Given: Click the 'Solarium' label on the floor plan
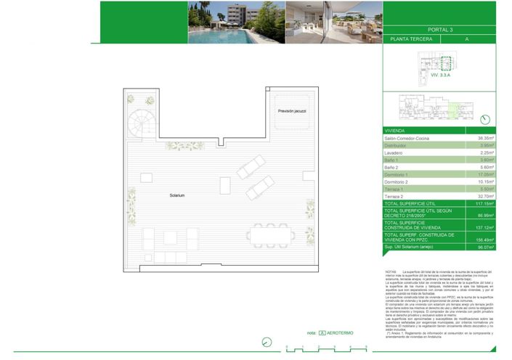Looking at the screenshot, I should (177, 195).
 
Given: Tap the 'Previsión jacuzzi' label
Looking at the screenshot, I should (292, 110).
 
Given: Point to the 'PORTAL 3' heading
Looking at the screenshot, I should (440, 30).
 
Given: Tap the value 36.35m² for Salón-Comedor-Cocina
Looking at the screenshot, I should (485, 138).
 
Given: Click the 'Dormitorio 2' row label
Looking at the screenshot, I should (398, 181).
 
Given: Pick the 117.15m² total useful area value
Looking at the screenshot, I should (484, 204).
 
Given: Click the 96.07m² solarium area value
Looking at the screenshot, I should (484, 247).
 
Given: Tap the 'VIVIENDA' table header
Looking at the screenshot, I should (397, 131).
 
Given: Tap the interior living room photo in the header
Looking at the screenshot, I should (332, 22).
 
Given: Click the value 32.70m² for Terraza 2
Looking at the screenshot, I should (485, 196).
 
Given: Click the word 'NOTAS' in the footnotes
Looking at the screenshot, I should (391, 271).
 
